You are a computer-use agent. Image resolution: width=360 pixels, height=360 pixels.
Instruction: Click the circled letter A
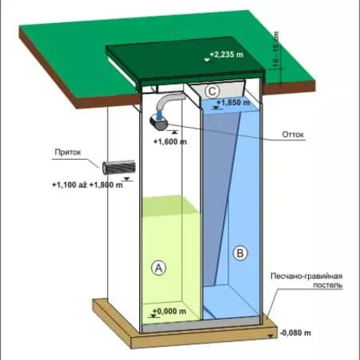pos(158,268)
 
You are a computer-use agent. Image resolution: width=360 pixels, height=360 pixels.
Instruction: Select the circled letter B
pos(240,253)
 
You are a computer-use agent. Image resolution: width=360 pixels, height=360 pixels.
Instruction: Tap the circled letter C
pos(212,92)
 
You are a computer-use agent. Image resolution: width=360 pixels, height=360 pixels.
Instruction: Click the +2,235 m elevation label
pos(226,54)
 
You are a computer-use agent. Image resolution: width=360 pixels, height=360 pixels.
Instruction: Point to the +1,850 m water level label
pos(233,102)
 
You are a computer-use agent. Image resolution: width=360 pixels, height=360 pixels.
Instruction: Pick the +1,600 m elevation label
pos(170,141)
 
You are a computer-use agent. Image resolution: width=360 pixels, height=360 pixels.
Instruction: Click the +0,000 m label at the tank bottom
pos(170,311)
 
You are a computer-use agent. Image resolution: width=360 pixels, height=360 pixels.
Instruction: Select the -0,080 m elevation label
pos(295,332)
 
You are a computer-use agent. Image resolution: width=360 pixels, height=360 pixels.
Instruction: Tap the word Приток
pos(68,152)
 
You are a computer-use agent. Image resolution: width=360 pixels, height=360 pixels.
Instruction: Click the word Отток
pos(293,135)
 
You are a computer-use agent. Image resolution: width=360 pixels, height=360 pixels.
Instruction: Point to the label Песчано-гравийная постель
pos(306,281)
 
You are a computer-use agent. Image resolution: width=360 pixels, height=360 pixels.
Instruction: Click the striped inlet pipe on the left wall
pos(118,167)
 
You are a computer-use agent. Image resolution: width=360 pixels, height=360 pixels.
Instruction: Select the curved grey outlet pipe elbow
pos(169,101)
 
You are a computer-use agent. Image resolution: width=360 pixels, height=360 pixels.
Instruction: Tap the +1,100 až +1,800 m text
pos(87,185)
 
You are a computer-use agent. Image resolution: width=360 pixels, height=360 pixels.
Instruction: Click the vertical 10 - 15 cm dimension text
pos(276,50)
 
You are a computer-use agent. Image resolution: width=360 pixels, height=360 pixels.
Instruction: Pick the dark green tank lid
pos(186,62)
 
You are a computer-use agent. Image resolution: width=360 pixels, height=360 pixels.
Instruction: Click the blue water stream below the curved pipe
pos(159,115)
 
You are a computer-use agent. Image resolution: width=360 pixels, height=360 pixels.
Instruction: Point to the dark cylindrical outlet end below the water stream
pos(159,123)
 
